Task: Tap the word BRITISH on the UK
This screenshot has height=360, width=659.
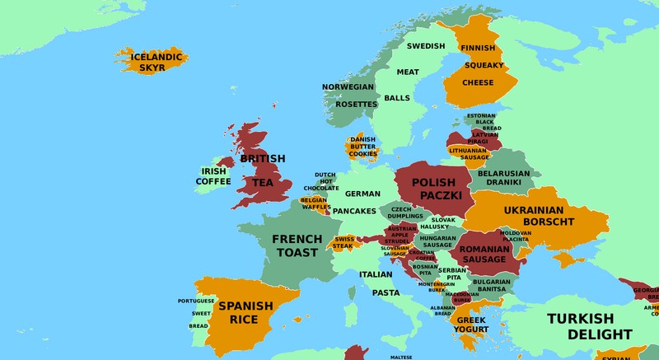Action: click(262, 158)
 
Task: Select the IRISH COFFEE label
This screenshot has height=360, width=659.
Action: click(213, 176)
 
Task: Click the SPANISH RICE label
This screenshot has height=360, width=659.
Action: click(245, 312)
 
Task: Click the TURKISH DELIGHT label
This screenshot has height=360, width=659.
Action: click(591, 326)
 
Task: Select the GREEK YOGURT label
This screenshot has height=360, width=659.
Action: click(472, 325)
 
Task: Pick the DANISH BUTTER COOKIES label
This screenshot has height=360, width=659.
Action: click(362, 147)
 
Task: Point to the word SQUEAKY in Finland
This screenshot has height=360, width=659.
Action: click(478, 65)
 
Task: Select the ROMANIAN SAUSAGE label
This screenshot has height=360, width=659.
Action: click(484, 254)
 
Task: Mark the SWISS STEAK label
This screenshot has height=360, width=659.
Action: click(344, 242)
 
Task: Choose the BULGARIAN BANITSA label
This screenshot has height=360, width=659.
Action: click(492, 285)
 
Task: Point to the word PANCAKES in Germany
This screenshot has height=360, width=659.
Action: click(354, 211)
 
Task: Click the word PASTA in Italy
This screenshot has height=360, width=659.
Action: click(386, 292)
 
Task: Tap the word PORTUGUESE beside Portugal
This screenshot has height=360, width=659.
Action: click(196, 301)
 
